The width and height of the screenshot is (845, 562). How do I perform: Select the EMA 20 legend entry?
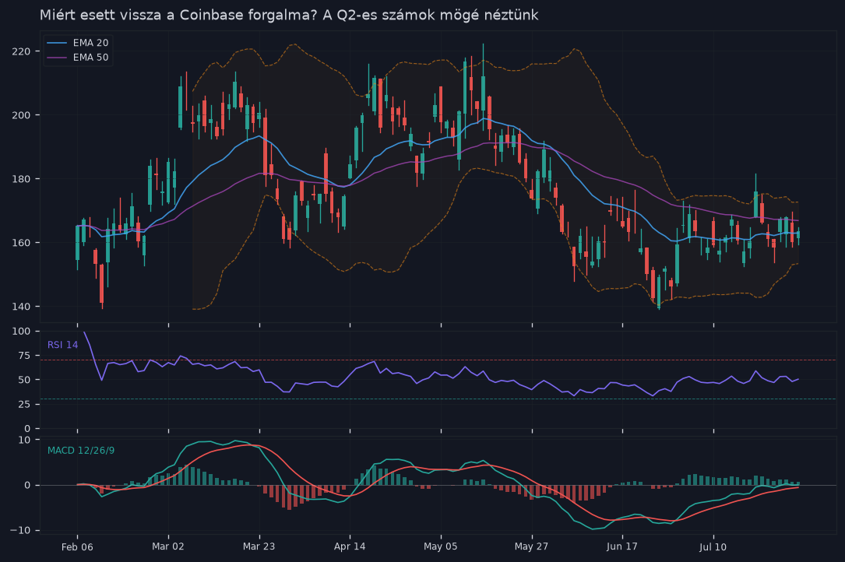pos(78,43)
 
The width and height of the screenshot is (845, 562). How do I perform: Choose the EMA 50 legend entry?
pos(78,57)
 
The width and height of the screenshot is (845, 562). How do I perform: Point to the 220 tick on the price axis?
pos(21,51)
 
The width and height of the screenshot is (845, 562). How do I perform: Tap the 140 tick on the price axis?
pos(21,306)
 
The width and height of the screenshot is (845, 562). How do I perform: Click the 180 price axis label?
pos(21,178)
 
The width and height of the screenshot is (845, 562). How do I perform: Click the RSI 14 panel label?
pos(62,345)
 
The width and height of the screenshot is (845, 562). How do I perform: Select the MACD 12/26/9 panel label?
pos(81,451)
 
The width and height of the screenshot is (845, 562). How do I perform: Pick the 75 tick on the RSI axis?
pos(24,356)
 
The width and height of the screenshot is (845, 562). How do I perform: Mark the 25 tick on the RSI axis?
pos(24,404)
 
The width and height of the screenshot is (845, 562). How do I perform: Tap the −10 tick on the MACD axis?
pos(21,530)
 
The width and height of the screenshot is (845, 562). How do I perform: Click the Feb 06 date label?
pos(77,547)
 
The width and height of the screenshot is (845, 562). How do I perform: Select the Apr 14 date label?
pos(350,546)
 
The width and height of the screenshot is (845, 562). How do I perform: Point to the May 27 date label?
pos(531,546)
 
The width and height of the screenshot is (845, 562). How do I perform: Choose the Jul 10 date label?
pos(713,547)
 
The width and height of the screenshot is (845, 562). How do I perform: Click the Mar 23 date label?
pos(259,546)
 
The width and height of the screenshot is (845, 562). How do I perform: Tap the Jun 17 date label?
pos(622,546)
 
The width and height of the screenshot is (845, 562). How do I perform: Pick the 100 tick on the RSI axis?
pos(21,332)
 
